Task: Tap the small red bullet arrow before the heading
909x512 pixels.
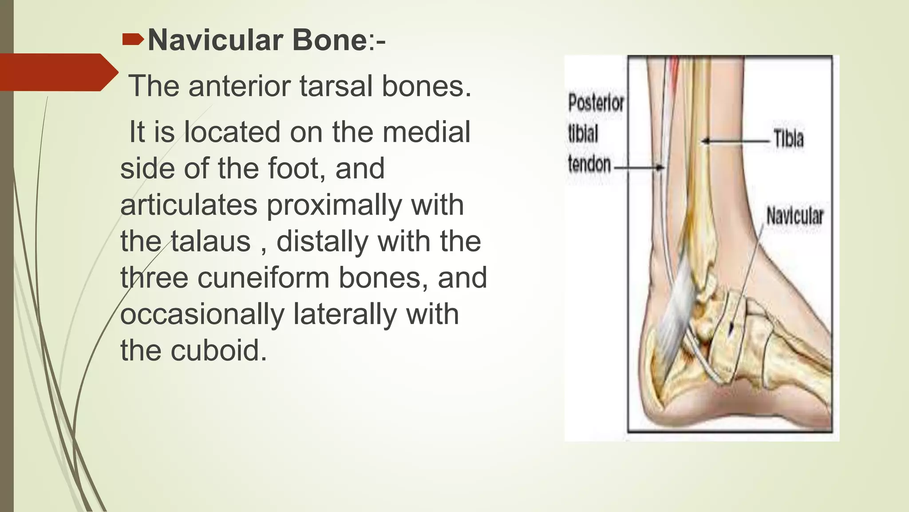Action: (x=133, y=40)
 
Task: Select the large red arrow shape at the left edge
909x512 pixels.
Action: (x=58, y=72)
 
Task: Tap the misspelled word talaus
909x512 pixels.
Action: (x=211, y=241)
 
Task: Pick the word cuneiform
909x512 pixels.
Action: (x=264, y=278)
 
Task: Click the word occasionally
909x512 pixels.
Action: (x=202, y=314)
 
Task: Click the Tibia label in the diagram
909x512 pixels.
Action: (x=788, y=139)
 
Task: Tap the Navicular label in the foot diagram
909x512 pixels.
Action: (x=794, y=216)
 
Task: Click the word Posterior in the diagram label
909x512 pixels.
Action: (x=596, y=103)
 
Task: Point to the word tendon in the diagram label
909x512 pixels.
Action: (x=589, y=164)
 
